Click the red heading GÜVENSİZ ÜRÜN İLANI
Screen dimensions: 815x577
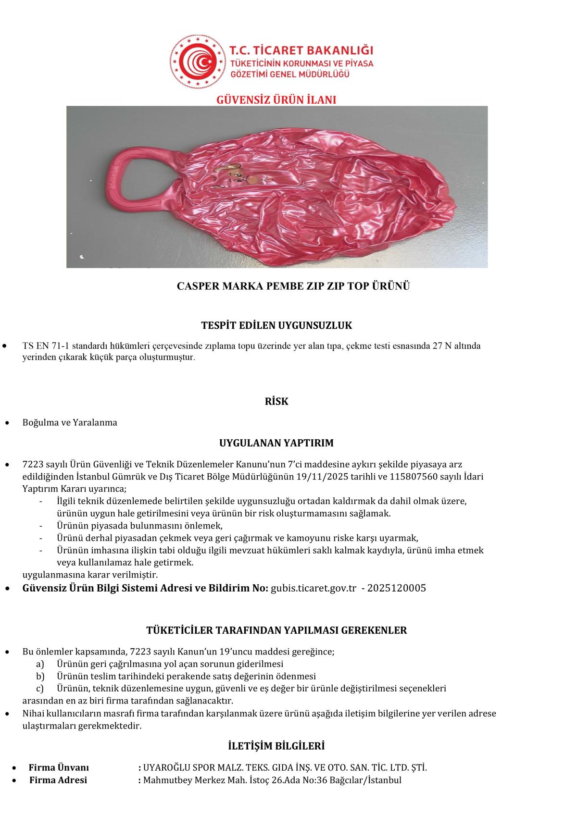(276, 99)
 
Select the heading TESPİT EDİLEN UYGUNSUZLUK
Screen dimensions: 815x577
(276, 325)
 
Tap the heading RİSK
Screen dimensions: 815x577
(276, 402)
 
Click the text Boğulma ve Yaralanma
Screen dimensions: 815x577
(70, 423)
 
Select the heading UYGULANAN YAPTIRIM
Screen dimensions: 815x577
(276, 443)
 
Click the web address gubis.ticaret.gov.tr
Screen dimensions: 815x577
(314, 588)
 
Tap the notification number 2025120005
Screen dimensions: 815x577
(397, 588)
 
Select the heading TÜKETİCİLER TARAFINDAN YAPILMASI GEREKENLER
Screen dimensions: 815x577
(276, 630)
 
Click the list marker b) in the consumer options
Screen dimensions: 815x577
(40, 676)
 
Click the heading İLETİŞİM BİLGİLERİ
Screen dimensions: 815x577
(276, 746)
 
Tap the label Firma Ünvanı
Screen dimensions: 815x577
(59, 767)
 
